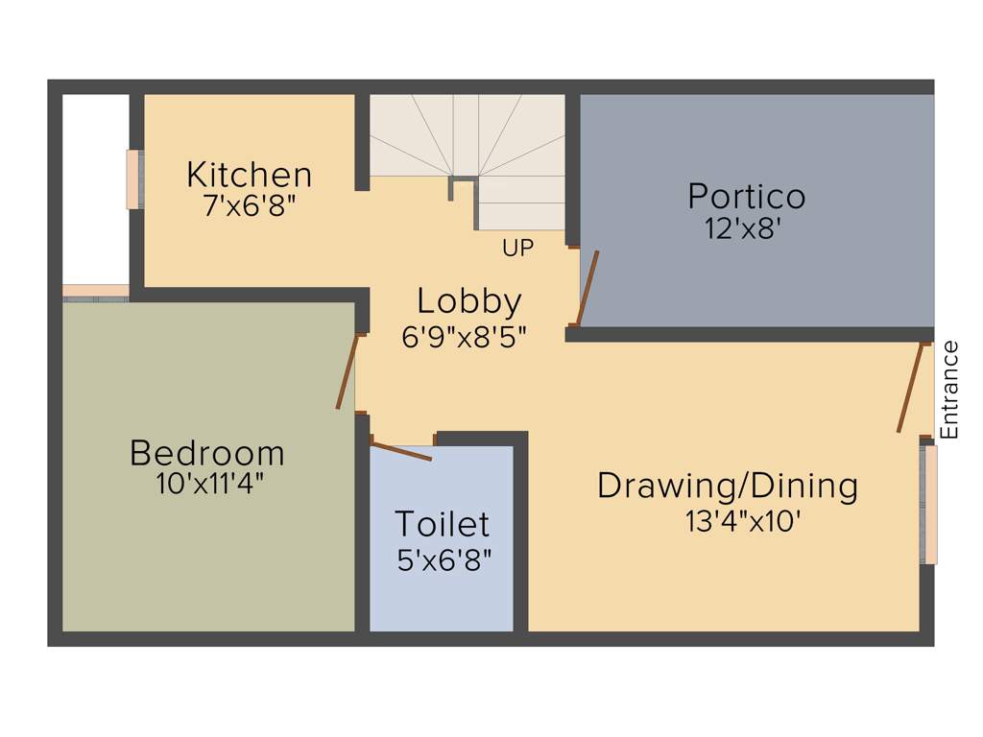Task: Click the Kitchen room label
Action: tap(249, 176)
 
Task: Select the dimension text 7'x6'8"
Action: tap(249, 206)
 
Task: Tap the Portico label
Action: tap(746, 197)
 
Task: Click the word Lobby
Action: tap(468, 301)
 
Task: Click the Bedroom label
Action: tap(207, 452)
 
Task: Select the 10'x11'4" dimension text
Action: tap(210, 484)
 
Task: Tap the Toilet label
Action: tap(443, 525)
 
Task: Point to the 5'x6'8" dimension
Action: tap(444, 559)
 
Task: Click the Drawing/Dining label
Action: tap(728, 486)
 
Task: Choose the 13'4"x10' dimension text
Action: tap(743, 521)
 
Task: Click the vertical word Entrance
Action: tap(948, 391)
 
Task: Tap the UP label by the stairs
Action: tap(517, 248)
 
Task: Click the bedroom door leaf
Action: tap(347, 372)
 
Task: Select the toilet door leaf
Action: tap(401, 451)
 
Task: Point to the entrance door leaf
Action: tap(911, 388)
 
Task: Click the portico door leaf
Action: tap(587, 288)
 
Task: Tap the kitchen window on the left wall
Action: tap(133, 178)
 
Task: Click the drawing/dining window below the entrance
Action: tap(928, 503)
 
